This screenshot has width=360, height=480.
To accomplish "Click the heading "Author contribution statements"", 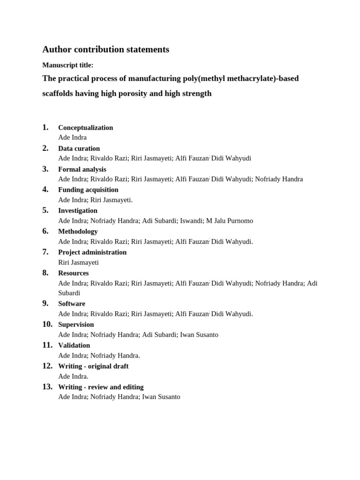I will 105,50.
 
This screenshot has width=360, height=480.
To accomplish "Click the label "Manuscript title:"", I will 68,65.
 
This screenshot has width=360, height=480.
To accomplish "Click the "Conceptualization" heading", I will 85,127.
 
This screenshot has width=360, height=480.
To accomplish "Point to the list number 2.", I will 45,148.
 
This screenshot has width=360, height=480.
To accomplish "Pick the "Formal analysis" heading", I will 82,169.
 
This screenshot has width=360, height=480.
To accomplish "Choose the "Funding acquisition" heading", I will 88,190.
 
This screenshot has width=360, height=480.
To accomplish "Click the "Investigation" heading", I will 78,210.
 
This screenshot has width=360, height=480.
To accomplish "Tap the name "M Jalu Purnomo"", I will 230,221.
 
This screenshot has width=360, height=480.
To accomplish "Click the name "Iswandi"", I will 191,221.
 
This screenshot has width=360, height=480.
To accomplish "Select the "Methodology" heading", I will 78,231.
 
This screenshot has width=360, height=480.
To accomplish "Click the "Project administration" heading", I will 92,252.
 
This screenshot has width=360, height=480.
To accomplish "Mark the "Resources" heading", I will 73,273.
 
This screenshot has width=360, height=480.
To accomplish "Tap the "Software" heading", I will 72,304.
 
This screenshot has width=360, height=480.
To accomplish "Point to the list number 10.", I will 47,324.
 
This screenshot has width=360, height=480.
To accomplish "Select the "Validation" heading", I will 74,345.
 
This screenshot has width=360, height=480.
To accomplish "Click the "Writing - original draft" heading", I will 93,366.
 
